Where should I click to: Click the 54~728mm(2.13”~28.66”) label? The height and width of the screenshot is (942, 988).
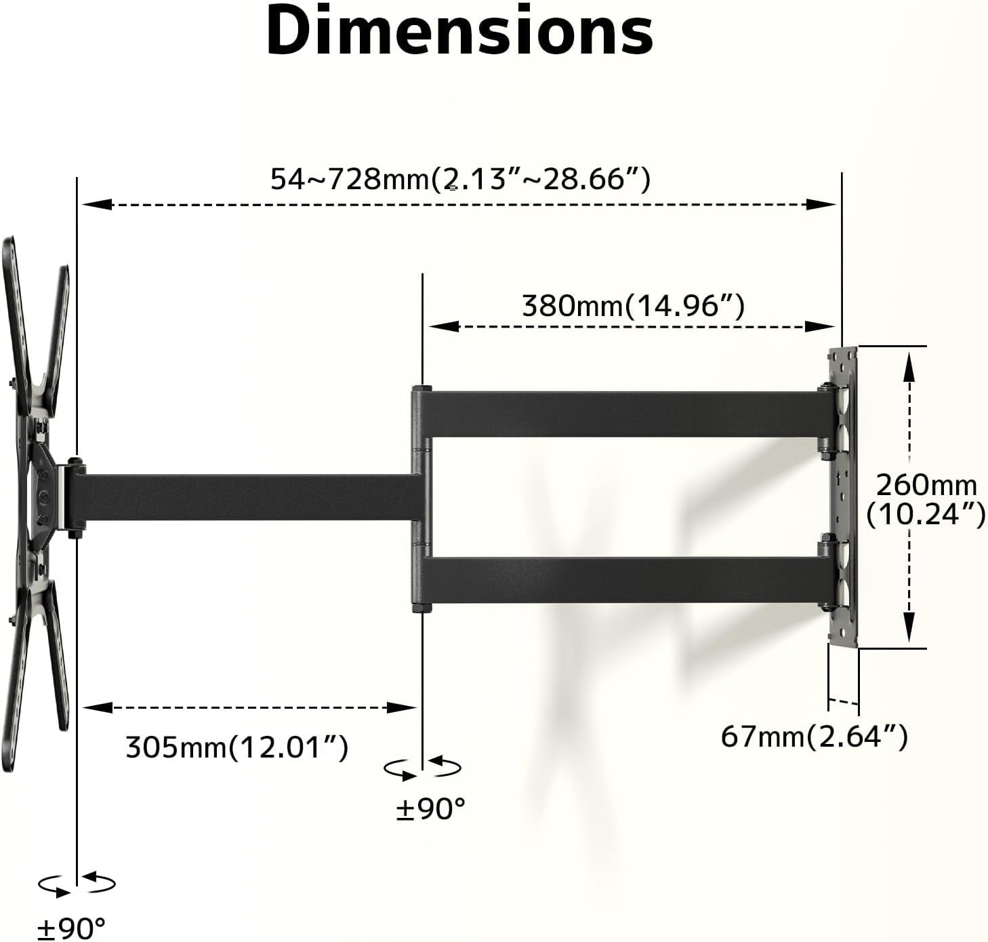point(460,179)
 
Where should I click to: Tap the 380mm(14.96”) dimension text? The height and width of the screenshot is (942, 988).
point(633,305)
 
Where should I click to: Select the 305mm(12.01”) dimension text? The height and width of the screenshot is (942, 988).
point(236,747)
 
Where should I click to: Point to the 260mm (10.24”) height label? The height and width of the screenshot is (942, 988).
point(926,499)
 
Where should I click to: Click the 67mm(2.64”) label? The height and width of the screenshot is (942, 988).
point(813,736)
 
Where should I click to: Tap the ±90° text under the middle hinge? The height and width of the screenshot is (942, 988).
point(431,808)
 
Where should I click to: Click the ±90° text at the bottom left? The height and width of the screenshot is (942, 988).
point(71,927)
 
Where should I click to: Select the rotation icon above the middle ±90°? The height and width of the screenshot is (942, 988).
point(423,768)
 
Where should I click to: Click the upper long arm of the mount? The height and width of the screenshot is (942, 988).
point(623,413)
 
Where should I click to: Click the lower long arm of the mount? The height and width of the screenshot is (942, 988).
point(623,581)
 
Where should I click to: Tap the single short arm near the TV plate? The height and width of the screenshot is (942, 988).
point(244,497)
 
